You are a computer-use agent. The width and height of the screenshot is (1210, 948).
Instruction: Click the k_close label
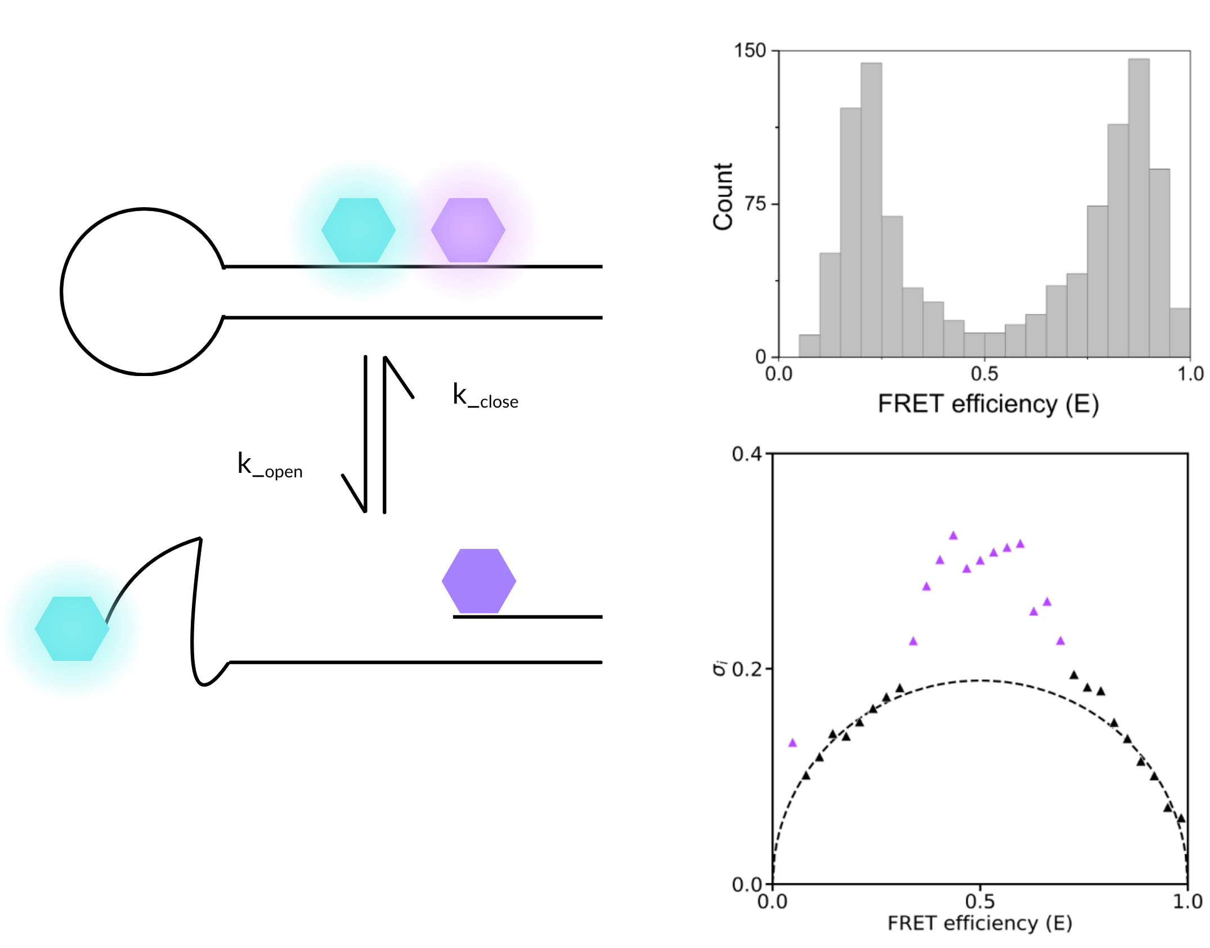tap(485, 396)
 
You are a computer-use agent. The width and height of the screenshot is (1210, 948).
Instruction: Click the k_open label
tap(270, 466)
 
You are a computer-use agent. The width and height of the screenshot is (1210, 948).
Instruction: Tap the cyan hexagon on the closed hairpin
tap(358, 230)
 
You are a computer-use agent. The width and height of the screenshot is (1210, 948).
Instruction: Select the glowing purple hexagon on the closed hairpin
tap(468, 230)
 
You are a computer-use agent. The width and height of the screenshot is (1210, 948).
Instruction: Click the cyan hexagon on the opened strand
tap(72, 628)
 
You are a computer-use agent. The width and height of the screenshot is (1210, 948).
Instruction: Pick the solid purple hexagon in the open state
tap(479, 580)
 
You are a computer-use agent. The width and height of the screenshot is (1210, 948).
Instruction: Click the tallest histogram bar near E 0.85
tap(1139, 208)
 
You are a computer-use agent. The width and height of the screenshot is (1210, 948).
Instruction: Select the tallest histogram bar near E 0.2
tap(871, 210)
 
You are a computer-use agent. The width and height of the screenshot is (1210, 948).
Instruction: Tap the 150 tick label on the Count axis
tap(750, 51)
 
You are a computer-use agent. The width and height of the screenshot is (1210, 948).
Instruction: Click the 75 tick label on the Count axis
tap(755, 204)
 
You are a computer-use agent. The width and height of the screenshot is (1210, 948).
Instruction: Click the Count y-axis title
tap(723, 196)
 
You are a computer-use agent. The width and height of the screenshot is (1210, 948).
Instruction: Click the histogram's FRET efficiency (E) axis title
tap(988, 404)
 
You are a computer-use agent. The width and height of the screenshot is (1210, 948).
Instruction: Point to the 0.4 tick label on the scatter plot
tap(746, 454)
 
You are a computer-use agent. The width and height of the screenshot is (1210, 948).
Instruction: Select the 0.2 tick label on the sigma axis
tap(746, 669)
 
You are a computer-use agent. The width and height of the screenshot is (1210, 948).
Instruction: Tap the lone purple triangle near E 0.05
tap(792, 743)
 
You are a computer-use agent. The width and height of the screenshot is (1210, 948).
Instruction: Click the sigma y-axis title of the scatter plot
tap(720, 668)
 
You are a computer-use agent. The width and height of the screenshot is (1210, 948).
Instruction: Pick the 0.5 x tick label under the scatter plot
tap(980, 901)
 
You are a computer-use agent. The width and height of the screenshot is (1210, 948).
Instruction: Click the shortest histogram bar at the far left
tap(809, 346)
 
